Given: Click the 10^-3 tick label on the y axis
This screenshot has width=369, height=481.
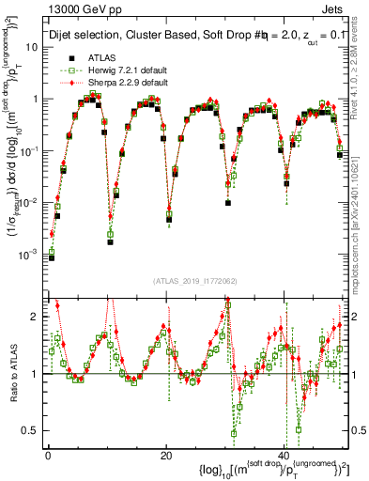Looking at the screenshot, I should coord(30,254).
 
